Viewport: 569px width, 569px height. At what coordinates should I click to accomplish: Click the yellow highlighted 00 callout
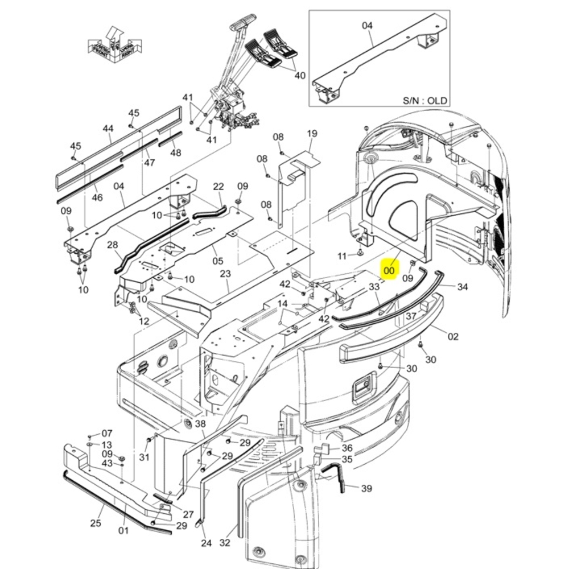pyautogui.click(x=389, y=271)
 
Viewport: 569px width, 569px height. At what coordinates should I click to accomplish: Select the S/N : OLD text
pyautogui.click(x=425, y=101)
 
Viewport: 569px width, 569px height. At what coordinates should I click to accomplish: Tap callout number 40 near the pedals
pyautogui.click(x=300, y=76)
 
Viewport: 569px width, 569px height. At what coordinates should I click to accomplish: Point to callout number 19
pyautogui.click(x=312, y=134)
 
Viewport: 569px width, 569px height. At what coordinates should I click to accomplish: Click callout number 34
pyautogui.click(x=463, y=287)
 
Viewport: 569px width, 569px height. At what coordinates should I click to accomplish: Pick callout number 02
pyautogui.click(x=453, y=336)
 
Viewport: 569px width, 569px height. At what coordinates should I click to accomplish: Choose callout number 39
pyautogui.click(x=366, y=488)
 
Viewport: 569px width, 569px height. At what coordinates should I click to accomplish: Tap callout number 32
pyautogui.click(x=225, y=543)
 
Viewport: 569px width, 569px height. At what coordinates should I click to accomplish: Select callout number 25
pyautogui.click(x=95, y=523)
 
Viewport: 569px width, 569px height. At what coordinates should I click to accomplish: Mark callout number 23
pyautogui.click(x=225, y=274)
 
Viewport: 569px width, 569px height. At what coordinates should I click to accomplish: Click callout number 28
pyautogui.click(x=113, y=245)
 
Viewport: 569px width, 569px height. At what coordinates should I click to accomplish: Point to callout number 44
pyautogui.click(x=108, y=129)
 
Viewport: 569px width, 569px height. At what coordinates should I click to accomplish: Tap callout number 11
pyautogui.click(x=342, y=257)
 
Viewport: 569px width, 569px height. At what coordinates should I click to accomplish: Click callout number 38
pyautogui.click(x=200, y=424)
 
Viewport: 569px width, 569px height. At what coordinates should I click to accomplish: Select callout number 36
pyautogui.click(x=347, y=448)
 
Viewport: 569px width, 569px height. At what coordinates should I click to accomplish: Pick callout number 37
pyautogui.click(x=411, y=316)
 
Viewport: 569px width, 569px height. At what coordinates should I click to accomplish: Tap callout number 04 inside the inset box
pyautogui.click(x=367, y=25)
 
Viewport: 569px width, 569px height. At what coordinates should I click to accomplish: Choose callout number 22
pyautogui.click(x=218, y=187)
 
